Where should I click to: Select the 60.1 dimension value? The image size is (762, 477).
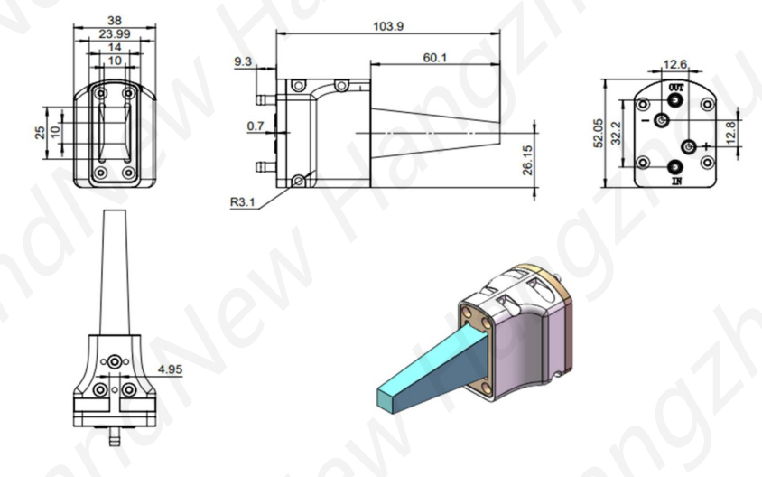click(435, 57)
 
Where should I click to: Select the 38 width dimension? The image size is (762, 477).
click(114, 18)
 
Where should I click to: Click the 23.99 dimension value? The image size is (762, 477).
click(114, 33)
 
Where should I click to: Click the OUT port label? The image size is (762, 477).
click(674, 87)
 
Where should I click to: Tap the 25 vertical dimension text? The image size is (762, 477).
click(39, 133)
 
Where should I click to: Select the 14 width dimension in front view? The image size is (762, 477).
click(114, 47)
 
